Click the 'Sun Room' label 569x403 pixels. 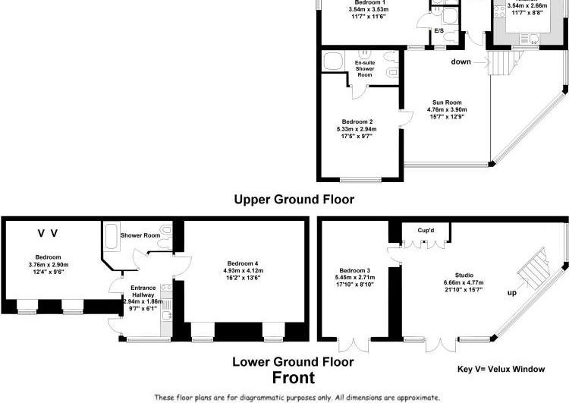click(x=447, y=102)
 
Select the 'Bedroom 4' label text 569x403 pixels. click(x=241, y=263)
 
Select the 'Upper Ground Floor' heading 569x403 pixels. click(x=294, y=200)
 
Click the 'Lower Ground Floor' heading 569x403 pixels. click(x=293, y=361)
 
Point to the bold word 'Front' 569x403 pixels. click(x=294, y=378)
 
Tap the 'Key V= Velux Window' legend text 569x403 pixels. click(x=501, y=370)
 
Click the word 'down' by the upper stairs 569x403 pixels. click(x=461, y=61)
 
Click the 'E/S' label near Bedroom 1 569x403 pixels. click(x=439, y=31)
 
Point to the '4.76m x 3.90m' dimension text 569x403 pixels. click(x=447, y=109)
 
